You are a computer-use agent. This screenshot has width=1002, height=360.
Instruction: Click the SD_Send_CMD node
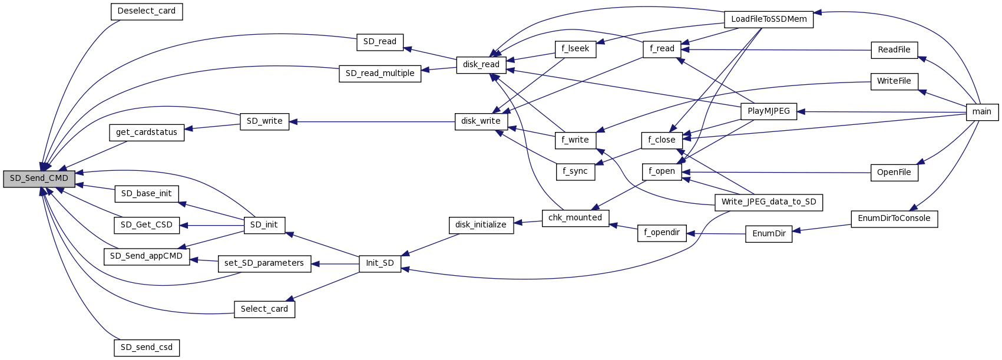[39, 179]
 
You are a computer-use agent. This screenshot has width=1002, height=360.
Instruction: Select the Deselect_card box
[147, 11]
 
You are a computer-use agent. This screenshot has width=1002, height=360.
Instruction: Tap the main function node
[982, 112]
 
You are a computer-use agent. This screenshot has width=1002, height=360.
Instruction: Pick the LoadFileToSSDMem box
[769, 19]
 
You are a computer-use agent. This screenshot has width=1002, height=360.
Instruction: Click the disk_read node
[481, 65]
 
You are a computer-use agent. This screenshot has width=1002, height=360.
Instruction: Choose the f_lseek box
[576, 49]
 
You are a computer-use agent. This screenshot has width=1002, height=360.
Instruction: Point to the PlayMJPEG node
[769, 111]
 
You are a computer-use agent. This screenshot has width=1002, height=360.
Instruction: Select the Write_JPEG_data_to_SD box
[769, 202]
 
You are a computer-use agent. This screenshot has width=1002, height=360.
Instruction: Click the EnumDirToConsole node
[894, 219]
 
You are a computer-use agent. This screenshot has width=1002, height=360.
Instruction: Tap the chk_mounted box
[575, 218]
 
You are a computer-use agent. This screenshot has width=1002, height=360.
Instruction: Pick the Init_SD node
[380, 263]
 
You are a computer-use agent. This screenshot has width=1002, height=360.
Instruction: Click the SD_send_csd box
[147, 348]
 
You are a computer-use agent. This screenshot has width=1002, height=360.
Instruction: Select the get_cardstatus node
[147, 133]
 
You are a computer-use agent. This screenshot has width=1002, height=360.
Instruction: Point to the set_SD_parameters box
[264, 263]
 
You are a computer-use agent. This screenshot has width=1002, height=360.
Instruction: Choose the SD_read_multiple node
[380, 74]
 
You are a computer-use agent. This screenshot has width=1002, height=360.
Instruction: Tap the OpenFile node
[894, 173]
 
